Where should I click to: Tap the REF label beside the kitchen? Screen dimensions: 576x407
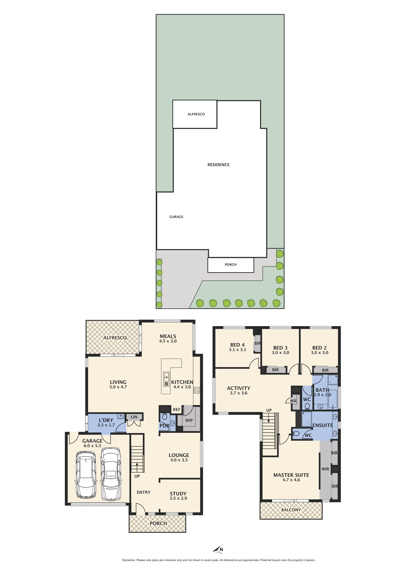click(x=177, y=409)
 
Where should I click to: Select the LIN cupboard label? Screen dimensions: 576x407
click(x=134, y=417)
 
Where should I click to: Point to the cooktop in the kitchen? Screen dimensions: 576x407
click(x=197, y=390)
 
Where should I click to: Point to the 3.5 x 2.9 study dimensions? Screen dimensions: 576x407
click(x=178, y=498)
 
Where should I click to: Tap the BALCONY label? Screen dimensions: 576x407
click(x=291, y=510)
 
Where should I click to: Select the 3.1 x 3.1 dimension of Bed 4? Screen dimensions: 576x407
click(x=237, y=350)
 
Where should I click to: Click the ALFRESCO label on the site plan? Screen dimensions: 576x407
click(x=196, y=114)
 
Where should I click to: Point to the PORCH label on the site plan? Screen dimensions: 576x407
click(x=230, y=264)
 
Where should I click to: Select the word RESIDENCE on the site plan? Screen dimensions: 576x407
click(x=218, y=165)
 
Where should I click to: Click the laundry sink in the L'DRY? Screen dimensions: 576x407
click(x=121, y=417)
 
